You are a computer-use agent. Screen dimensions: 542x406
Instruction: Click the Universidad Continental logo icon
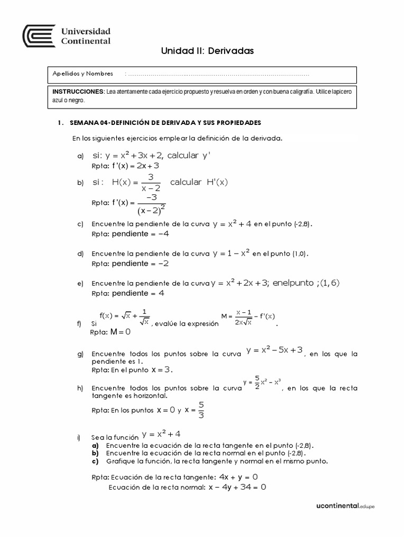click(x=39, y=36)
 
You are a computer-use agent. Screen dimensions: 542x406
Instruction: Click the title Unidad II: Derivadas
click(x=208, y=51)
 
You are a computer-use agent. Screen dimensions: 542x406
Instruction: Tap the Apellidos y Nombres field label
click(x=83, y=74)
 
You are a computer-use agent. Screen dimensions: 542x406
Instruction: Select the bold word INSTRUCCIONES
click(x=78, y=92)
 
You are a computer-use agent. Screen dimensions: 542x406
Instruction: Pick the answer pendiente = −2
click(x=140, y=263)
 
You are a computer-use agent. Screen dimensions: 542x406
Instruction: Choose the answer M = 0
click(x=120, y=332)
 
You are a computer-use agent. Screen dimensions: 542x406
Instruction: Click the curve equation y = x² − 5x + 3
click(x=274, y=350)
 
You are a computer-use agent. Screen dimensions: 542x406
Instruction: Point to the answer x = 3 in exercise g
click(x=162, y=369)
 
